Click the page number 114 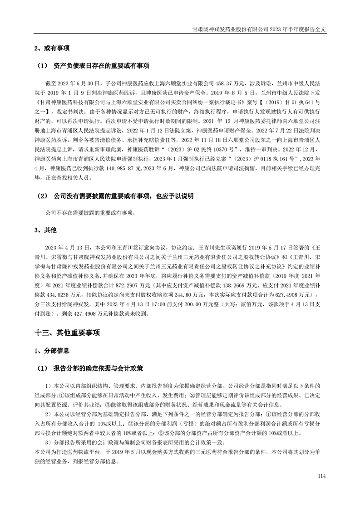pos(322,475)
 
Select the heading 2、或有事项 pos(52,48)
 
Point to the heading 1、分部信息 pos(52,351)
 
